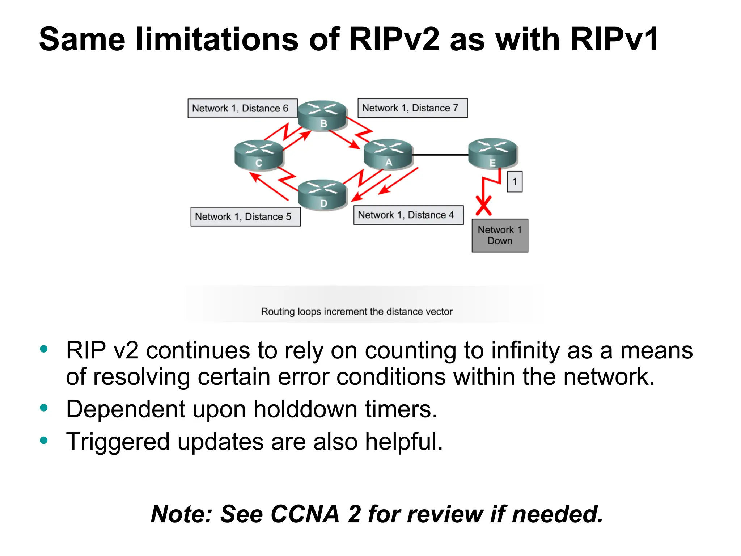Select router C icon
tap(259, 155)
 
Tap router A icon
tap(388, 154)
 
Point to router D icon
tap(322, 195)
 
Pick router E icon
tap(493, 153)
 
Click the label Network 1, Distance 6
tap(242, 108)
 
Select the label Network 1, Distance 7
tap(412, 108)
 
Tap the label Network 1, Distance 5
tap(245, 216)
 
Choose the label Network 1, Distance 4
tap(408, 215)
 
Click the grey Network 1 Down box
tap(500, 235)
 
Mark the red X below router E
tap(484, 206)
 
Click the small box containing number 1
tap(515, 182)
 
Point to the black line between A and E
tap(440, 155)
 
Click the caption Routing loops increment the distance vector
tap(357, 312)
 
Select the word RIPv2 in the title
tap(394, 39)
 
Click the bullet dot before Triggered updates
tap(44, 441)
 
